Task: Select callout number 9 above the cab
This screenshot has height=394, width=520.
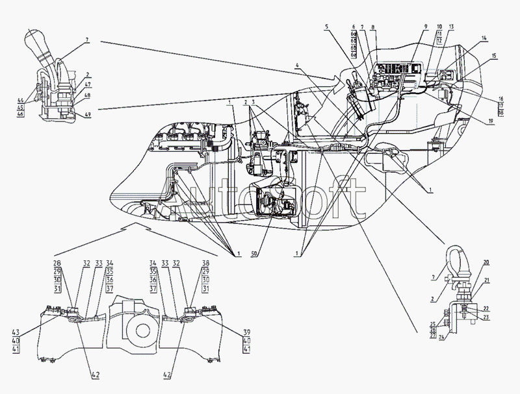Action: point(425,28)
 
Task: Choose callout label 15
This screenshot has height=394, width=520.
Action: point(494,57)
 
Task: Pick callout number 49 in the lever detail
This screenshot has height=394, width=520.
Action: point(87,115)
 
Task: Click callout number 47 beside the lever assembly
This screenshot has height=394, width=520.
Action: point(87,84)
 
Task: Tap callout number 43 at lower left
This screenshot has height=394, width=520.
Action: point(15,332)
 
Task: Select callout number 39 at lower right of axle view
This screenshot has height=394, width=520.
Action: point(246,332)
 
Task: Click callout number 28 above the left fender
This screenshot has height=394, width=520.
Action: point(57,263)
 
